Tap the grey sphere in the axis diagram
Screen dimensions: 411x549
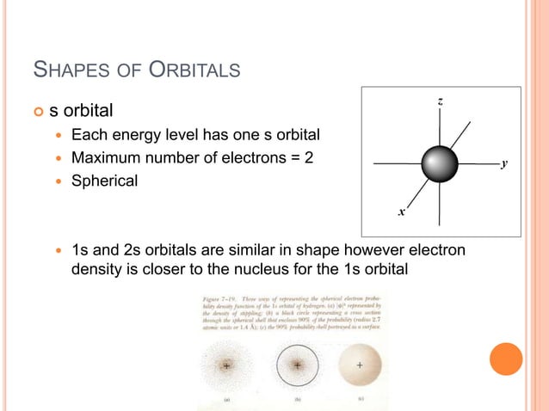pyautogui.click(x=441, y=163)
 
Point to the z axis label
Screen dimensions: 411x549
pyautogui.click(x=441, y=102)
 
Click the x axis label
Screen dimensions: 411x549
pyautogui.click(x=401, y=210)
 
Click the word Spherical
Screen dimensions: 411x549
pyautogui.click(x=104, y=181)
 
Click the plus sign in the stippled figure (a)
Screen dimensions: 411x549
pyautogui.click(x=225, y=365)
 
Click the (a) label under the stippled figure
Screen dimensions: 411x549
pyautogui.click(x=225, y=399)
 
